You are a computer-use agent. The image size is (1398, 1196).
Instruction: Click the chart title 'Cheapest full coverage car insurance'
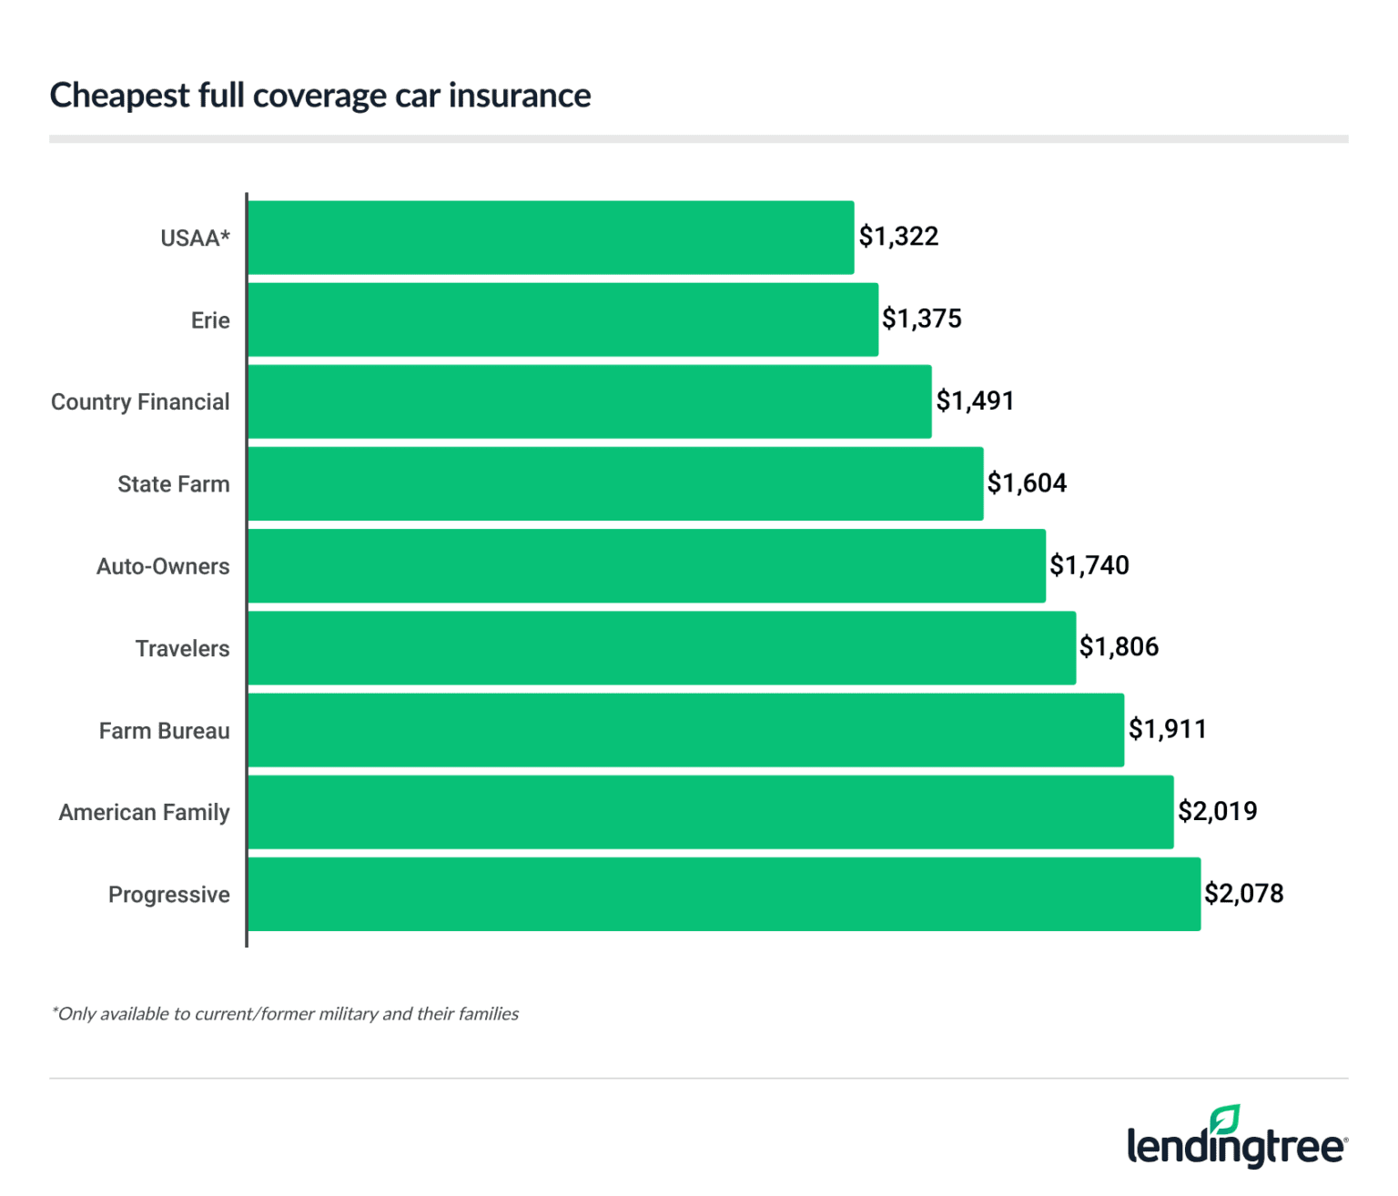coord(319,96)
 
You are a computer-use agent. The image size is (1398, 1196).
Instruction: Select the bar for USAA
coord(551,238)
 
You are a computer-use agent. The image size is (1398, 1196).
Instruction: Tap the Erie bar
coord(562,319)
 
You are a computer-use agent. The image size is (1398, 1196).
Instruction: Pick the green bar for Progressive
coord(724,894)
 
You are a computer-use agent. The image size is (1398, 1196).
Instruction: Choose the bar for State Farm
coord(615,483)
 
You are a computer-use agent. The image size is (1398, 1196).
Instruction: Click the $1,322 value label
coord(898,237)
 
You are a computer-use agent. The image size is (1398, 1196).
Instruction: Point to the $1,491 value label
coord(975,400)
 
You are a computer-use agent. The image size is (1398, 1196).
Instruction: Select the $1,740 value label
coord(1089,565)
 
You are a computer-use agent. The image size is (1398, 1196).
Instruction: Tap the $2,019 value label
coord(1217,811)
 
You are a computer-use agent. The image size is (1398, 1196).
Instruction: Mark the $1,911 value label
coord(1168,729)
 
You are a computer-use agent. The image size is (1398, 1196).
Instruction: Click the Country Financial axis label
coord(140,402)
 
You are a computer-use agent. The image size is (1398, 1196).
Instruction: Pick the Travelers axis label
coord(182,649)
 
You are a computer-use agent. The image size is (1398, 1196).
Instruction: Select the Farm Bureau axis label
coord(164,731)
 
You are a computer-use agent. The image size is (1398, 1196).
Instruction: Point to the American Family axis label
coord(144,813)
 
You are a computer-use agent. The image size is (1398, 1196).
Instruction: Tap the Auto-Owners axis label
coord(163,566)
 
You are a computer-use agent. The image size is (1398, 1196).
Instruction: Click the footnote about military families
coord(285,1014)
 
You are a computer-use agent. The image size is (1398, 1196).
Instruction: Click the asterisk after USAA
coord(225,235)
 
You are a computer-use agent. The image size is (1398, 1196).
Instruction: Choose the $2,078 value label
coord(1243,893)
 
